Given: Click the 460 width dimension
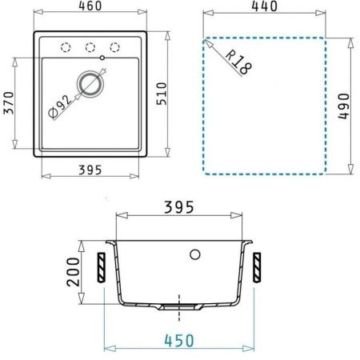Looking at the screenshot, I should point(90,7).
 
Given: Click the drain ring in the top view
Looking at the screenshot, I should point(90,82).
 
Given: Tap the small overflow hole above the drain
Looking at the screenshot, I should point(102,58).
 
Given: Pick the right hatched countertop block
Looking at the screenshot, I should point(258,266).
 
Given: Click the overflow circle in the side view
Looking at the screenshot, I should point(194,254).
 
